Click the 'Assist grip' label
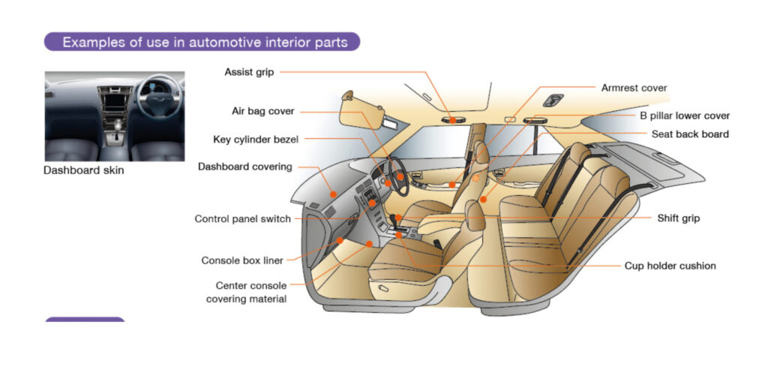[249, 73]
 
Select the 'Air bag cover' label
[262, 112]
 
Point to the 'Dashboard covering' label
[244, 167]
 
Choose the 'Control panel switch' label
[242, 219]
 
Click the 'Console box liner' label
[242, 261]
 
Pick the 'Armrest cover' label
[634, 89]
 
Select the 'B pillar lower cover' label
[684, 116]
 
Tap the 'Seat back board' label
[690, 134]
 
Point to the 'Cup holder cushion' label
[670, 266]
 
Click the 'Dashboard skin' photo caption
[83, 170]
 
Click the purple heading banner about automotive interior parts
[202, 42]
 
